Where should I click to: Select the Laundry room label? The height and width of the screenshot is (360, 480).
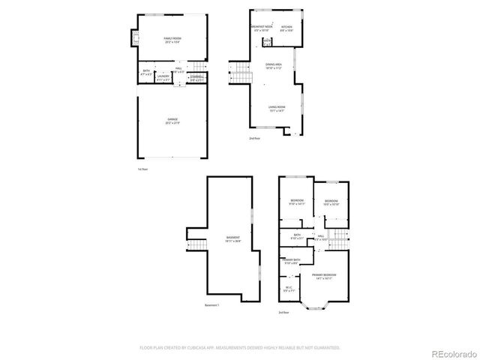(163, 76)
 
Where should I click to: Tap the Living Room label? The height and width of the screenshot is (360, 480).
(277, 108)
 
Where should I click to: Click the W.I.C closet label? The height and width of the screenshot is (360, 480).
(289, 289)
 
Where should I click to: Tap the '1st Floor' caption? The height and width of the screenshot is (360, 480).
(142, 169)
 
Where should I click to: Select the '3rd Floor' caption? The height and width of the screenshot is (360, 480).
(283, 312)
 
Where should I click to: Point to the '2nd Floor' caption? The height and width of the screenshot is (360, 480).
(255, 138)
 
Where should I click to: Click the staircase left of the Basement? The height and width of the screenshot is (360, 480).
(196, 245)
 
